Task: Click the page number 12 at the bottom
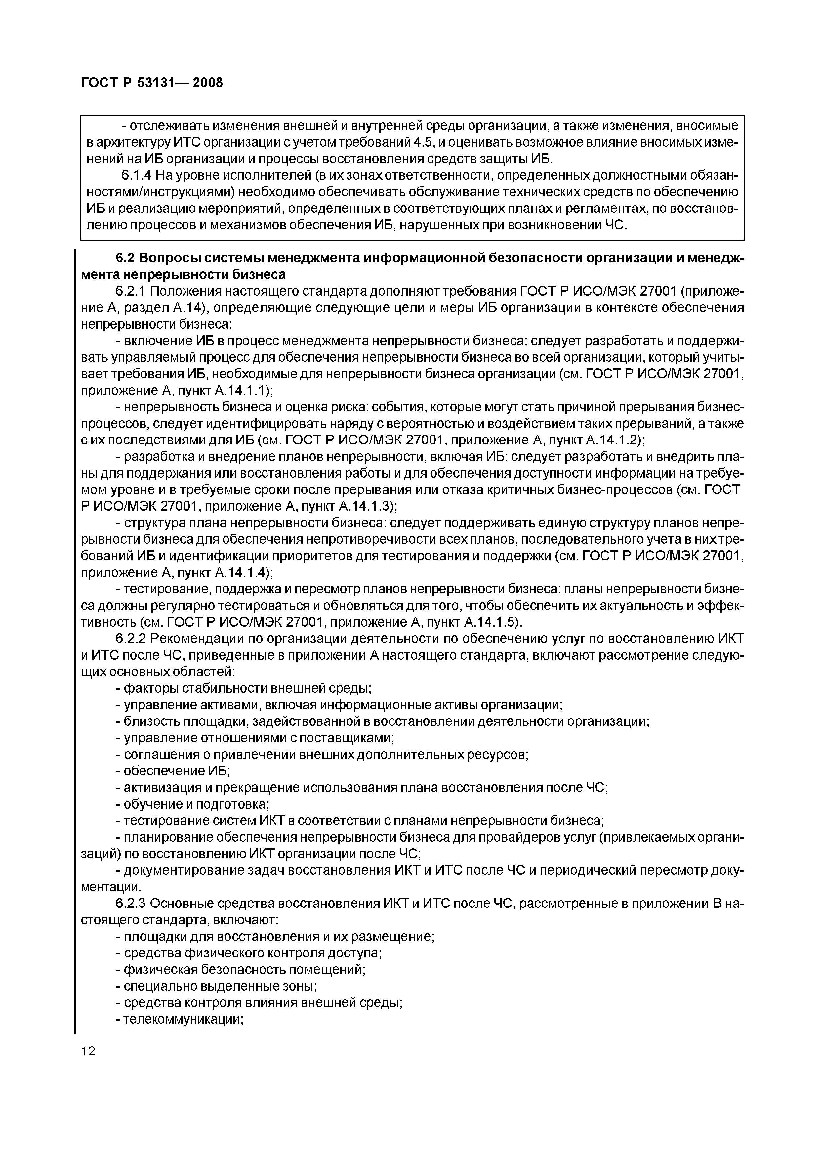(88, 1051)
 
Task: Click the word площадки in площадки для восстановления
(153, 936)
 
